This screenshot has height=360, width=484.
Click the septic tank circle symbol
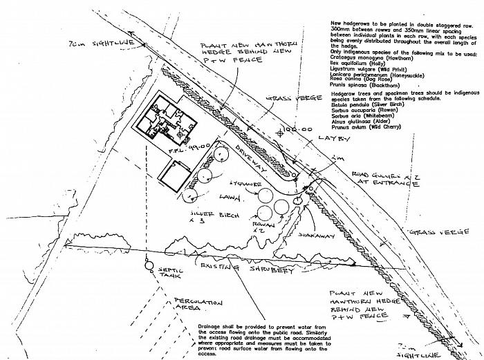tap(149, 263)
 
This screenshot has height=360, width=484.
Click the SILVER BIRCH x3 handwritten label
tap(216, 220)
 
